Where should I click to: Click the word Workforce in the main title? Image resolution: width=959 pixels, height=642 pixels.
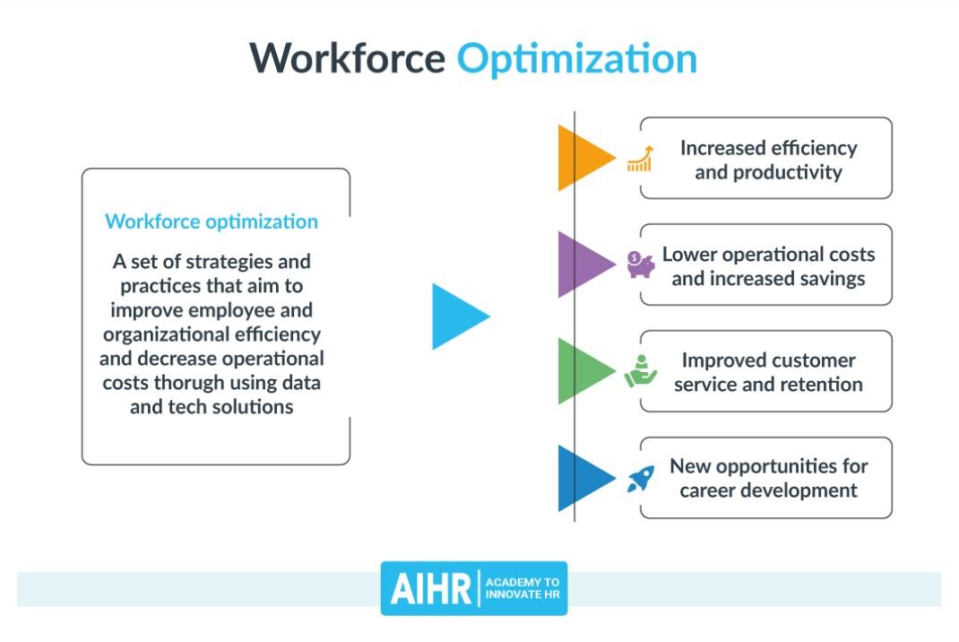coord(348,58)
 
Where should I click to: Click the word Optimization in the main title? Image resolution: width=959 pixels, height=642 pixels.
coord(577,60)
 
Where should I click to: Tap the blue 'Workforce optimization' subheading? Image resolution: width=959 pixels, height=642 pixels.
coord(212,221)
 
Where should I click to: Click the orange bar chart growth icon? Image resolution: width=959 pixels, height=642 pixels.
coord(640,159)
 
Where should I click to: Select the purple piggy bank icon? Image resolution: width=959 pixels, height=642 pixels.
coord(640,265)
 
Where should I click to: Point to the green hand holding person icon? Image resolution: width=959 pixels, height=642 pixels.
coord(640,371)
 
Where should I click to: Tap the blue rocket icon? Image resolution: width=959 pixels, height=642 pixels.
coord(640,478)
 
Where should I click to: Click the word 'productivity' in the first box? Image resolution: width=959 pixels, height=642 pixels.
coord(788,173)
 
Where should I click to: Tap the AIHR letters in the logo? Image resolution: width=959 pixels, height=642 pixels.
coord(430,589)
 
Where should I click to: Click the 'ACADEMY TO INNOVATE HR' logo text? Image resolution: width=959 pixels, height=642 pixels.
coord(523,588)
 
